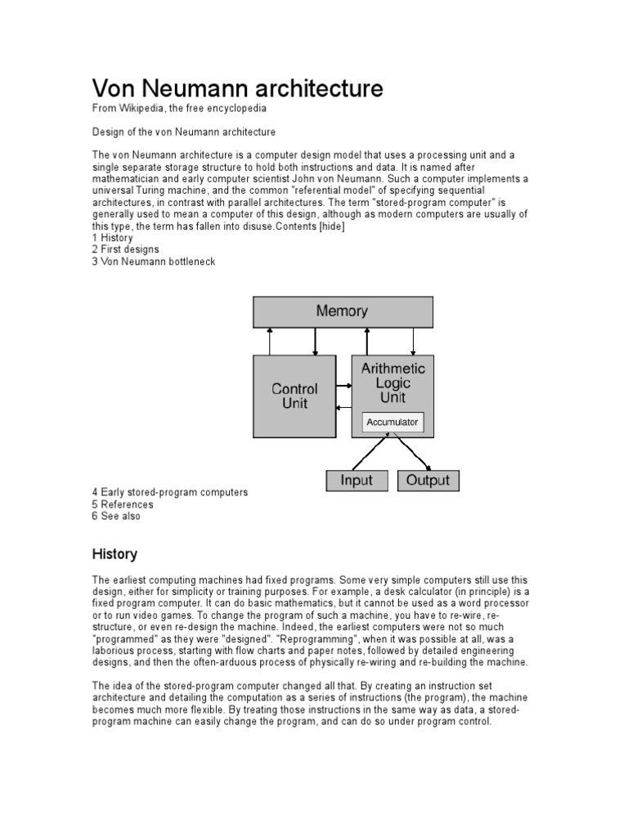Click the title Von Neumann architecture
coord(237,88)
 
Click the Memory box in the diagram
coord(342,311)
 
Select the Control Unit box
coord(294,396)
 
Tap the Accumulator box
coord(392,423)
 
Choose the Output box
coord(428,480)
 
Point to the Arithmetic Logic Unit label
coord(393,383)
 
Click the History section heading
coord(114,553)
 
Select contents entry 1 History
coord(112,238)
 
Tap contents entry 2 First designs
coord(126,249)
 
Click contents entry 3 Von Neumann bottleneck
coord(154,262)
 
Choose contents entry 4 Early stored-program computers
coord(169,493)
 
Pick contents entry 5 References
coord(123,504)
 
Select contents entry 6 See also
coord(116,516)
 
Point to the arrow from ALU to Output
coord(412,452)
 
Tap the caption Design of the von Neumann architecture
coord(183,132)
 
